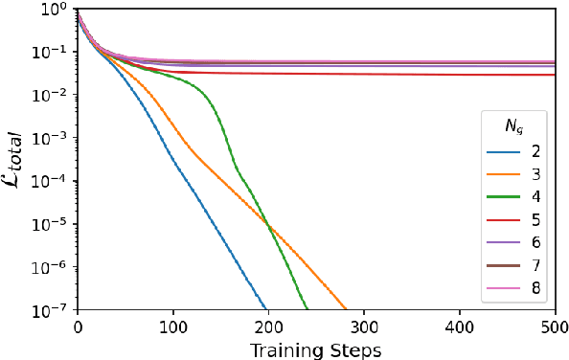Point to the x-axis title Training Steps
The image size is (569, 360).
click(x=316, y=348)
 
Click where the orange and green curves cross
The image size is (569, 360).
click(x=270, y=227)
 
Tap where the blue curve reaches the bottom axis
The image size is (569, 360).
click(x=266, y=308)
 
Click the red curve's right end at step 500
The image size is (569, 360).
click(x=555, y=75)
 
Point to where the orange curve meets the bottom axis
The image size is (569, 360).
click(x=346, y=308)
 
